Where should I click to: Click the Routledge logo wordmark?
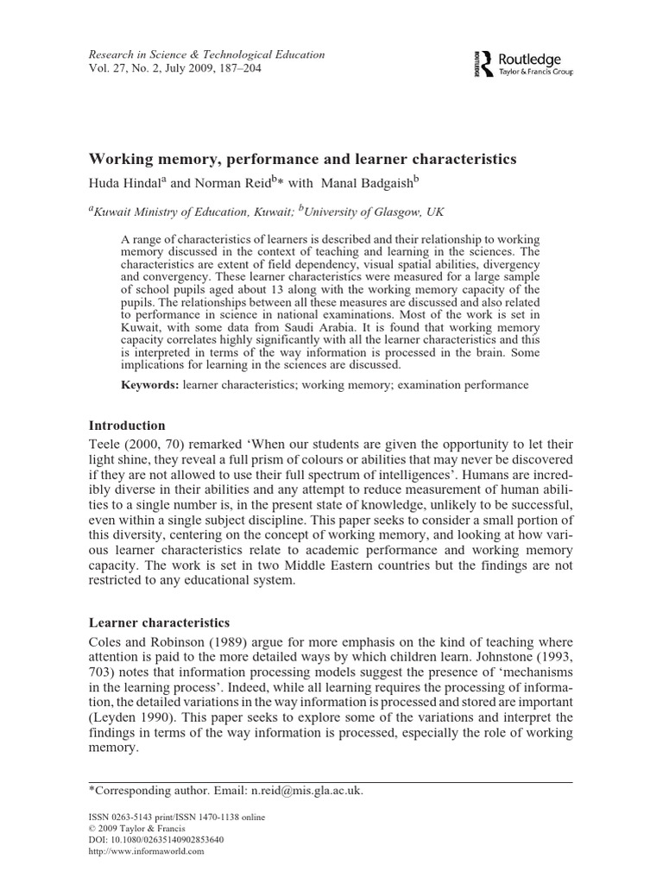point(530,59)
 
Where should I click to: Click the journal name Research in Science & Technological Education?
point(207,54)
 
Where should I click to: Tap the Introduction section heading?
point(128,426)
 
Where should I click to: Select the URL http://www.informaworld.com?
point(147,851)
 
